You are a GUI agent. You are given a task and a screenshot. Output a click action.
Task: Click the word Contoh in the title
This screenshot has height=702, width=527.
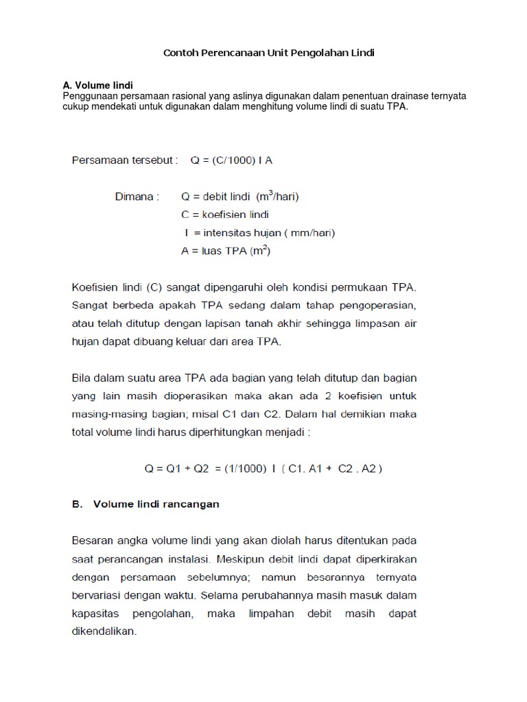click(x=180, y=53)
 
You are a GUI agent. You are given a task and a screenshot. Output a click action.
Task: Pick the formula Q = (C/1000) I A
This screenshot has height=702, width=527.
click(x=233, y=160)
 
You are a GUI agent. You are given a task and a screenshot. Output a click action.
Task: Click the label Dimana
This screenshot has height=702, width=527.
click(x=137, y=196)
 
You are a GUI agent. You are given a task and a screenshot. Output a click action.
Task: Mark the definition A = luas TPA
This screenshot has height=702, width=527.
click(x=226, y=251)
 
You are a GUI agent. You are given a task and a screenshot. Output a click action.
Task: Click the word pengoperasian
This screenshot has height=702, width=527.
click(x=379, y=305)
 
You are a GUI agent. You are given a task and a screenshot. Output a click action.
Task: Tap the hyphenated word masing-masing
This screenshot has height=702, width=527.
click(x=110, y=414)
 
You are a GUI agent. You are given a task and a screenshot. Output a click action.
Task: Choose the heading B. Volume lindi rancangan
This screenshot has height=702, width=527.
click(x=145, y=504)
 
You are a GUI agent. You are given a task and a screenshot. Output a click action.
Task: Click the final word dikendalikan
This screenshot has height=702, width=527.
click(x=104, y=631)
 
